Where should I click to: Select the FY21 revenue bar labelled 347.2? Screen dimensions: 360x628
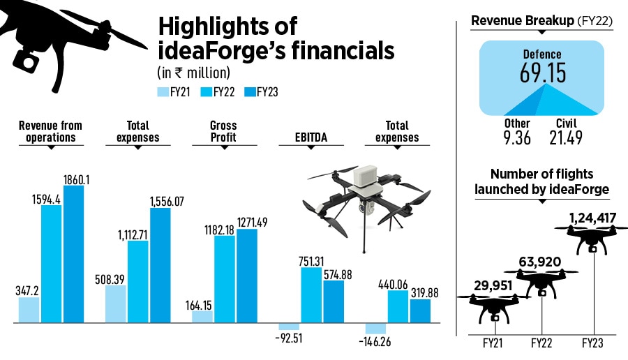point(29,310)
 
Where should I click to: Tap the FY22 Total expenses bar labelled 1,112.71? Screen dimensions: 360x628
point(137,282)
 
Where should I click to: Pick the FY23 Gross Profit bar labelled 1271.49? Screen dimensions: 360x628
point(247,276)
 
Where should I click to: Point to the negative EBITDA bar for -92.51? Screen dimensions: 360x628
point(289,327)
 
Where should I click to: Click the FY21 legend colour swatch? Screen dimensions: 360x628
point(163,92)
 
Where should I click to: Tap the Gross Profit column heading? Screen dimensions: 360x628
point(223,131)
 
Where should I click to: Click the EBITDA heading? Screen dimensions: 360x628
point(311,137)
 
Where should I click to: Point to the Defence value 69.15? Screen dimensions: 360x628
point(542,73)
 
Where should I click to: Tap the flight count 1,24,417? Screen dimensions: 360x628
point(584,218)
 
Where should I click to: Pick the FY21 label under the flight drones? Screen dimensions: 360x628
point(493,343)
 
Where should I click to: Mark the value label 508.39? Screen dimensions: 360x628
point(115,278)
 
